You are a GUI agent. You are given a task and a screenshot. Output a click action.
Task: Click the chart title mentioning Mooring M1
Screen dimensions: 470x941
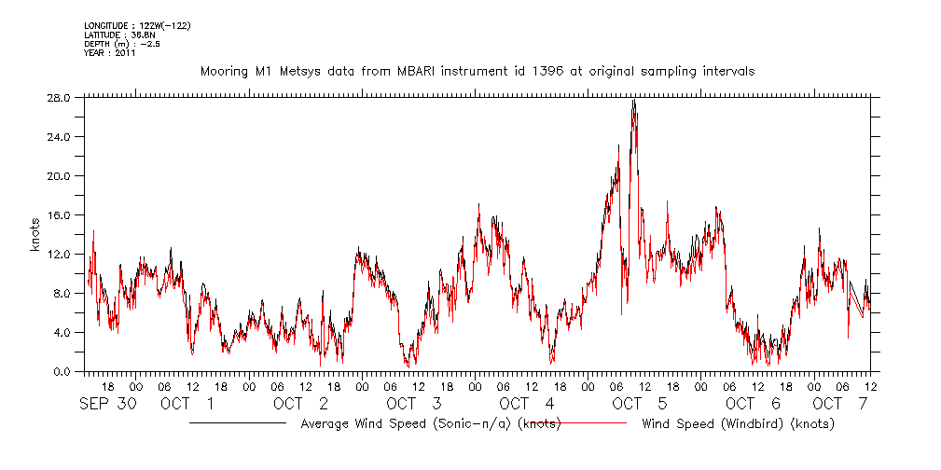click(x=477, y=71)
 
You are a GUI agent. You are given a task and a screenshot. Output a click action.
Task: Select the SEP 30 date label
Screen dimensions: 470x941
click(x=107, y=404)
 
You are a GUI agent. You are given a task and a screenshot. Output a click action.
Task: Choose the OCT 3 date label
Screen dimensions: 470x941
click(x=413, y=404)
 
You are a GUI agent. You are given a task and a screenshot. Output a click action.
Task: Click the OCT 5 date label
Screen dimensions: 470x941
click(x=639, y=404)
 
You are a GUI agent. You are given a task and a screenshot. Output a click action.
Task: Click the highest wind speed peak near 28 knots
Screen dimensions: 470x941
click(x=633, y=101)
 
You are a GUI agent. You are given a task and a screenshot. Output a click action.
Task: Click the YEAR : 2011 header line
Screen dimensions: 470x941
click(x=110, y=52)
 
